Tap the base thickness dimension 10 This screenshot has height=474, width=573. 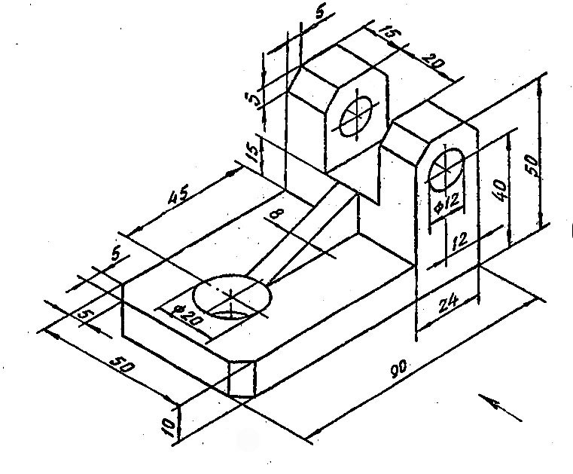click(170, 427)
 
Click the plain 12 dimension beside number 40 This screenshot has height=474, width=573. click(461, 240)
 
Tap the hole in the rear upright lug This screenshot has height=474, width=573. click(356, 116)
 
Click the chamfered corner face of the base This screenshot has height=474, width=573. click(241, 376)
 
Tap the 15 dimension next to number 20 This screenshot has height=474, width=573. click(389, 35)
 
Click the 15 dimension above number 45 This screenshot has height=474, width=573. click(254, 154)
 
